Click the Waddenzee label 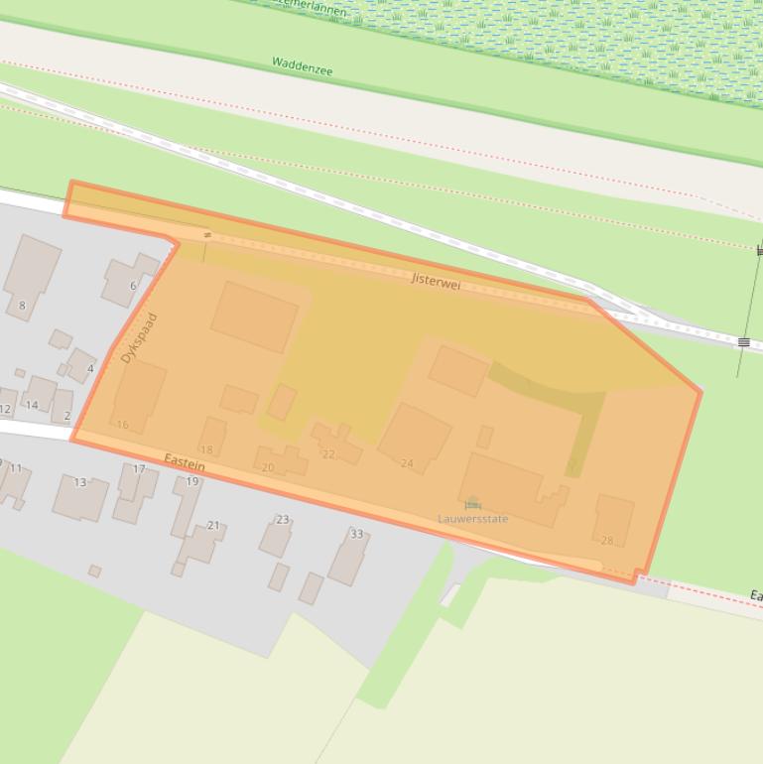[x=302, y=66]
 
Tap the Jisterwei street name [x=437, y=281]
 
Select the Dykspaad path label [x=140, y=338]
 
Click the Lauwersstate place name [x=473, y=519]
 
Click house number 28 [x=607, y=541]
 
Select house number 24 [x=407, y=463]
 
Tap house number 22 [x=328, y=455]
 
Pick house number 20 [x=267, y=467]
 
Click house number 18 [x=206, y=450]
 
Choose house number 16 [x=122, y=425]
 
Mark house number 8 [x=22, y=306]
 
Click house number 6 [x=133, y=286]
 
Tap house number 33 [x=356, y=534]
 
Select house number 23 [x=283, y=519]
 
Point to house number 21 [x=213, y=525]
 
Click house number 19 [x=191, y=481]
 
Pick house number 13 [x=79, y=482]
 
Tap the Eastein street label [x=185, y=461]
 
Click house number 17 [x=139, y=469]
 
